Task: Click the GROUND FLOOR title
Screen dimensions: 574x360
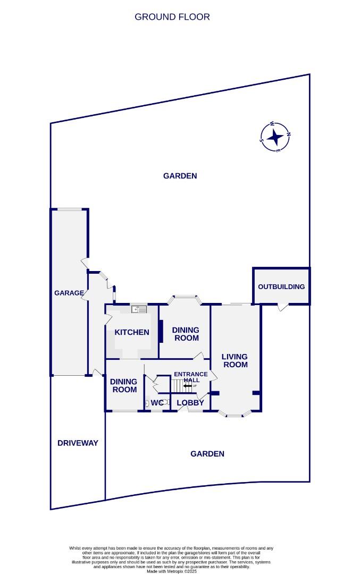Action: pyautogui.click(x=172, y=17)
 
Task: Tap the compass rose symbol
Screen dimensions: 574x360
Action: pyautogui.click(x=275, y=137)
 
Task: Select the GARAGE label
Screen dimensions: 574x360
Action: pyautogui.click(x=69, y=293)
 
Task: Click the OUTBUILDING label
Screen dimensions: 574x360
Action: pyautogui.click(x=281, y=286)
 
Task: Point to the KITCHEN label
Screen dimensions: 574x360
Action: pyautogui.click(x=132, y=332)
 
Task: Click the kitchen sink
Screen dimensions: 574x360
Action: pyautogui.click(x=139, y=309)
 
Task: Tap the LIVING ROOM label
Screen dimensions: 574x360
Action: pyautogui.click(x=235, y=360)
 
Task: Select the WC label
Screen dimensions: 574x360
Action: pyautogui.click(x=157, y=403)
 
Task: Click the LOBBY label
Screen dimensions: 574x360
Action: pyautogui.click(x=190, y=403)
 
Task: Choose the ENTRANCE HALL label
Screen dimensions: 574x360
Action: pyautogui.click(x=191, y=377)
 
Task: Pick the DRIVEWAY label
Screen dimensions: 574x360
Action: pyautogui.click(x=78, y=443)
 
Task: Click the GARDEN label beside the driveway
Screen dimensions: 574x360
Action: pyautogui.click(x=207, y=453)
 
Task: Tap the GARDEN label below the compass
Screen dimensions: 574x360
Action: pyautogui.click(x=180, y=175)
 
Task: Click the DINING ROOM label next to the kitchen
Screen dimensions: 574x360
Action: pyautogui.click(x=186, y=334)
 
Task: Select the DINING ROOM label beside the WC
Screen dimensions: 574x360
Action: pyautogui.click(x=123, y=385)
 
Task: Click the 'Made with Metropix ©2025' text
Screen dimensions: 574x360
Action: pyautogui.click(x=172, y=571)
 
